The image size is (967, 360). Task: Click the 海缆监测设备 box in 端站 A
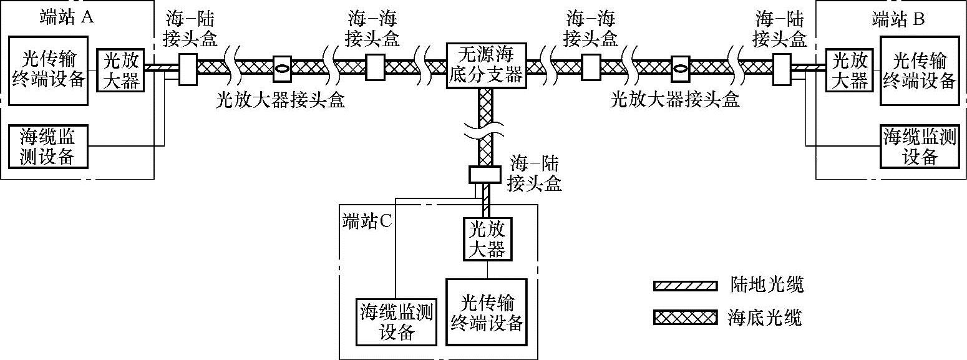(x=49, y=147)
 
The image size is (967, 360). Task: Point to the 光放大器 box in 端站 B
(x=850, y=70)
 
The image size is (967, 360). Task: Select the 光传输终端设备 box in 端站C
(x=487, y=311)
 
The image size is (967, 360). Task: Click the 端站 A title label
(x=66, y=17)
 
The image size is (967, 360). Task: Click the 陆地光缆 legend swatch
(x=684, y=286)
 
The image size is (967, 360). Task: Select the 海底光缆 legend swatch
(x=684, y=318)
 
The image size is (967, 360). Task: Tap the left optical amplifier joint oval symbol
(x=283, y=67)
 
